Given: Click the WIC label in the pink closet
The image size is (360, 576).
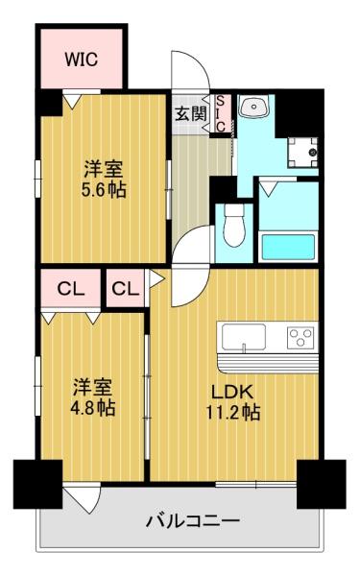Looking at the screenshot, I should click(82, 59).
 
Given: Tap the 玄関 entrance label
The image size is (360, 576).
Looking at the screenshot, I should click(190, 112).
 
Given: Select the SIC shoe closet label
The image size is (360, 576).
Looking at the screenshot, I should click(220, 112).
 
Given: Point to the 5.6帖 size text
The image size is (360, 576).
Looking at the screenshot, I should click(103, 189).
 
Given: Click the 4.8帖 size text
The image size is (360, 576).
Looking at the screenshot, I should click(94, 409).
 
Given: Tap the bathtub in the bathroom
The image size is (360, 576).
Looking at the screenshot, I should click(289, 246).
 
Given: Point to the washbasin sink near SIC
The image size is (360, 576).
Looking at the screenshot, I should click(253, 108).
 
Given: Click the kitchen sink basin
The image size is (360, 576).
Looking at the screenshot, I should click(245, 338).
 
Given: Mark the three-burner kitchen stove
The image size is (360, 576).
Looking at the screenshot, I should click(301, 338).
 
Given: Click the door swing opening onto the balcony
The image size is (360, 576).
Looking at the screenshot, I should click(84, 496).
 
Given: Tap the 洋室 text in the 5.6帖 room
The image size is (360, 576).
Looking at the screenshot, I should click(103, 169).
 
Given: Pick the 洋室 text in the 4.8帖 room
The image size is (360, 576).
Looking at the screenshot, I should click(94, 388).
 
